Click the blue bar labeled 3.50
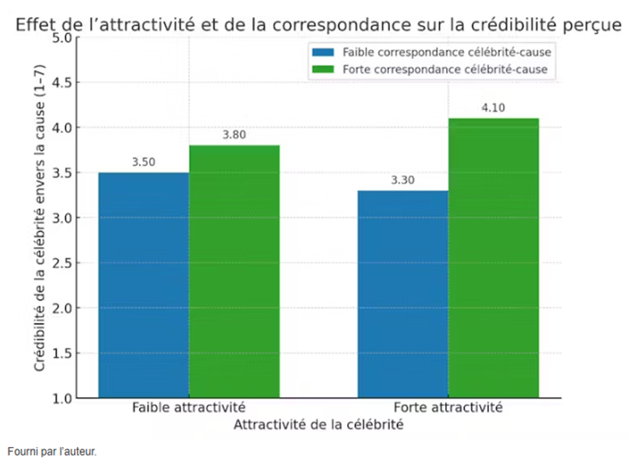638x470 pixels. point(143,285)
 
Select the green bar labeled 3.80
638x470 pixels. point(235,271)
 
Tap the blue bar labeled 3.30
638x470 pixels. point(403,293)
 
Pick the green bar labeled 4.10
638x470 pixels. point(494,258)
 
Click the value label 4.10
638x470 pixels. point(494,107)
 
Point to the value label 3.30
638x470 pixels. point(403,180)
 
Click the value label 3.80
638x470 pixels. point(235,135)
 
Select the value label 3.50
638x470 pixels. point(143,162)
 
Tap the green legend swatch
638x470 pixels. point(324,70)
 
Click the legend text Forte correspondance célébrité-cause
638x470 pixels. point(444,70)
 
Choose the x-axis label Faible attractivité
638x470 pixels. point(188,408)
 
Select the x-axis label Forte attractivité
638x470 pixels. point(449,408)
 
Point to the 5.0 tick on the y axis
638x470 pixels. point(61,38)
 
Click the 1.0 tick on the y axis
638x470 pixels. point(61,398)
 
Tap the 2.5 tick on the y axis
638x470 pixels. point(61,264)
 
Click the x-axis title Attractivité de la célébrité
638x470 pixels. point(318,425)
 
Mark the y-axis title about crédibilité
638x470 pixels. point(40,218)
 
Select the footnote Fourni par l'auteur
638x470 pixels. point(51,452)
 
